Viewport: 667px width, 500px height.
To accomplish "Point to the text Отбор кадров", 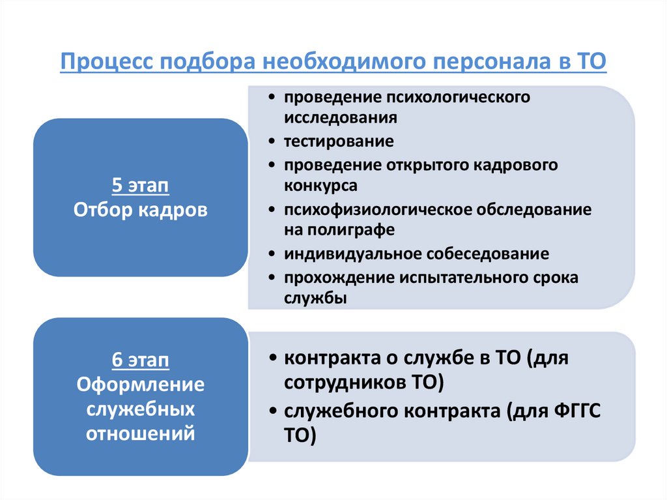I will [141, 210].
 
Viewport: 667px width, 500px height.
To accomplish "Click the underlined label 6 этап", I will [141, 361].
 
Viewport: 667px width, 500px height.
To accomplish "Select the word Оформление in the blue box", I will [141, 385].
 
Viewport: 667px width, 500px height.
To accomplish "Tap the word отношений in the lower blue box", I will [141, 433].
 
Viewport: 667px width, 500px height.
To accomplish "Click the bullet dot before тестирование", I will [270, 141].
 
